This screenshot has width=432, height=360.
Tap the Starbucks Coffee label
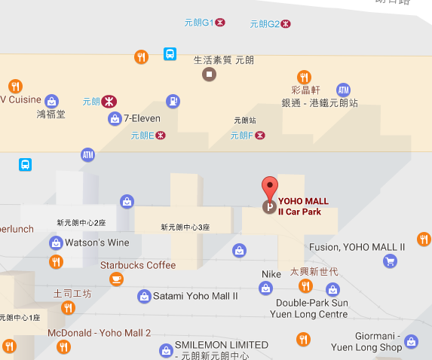[x=138, y=265]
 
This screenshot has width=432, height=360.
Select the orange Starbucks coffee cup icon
[x=116, y=279]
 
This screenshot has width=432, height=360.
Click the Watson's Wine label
[x=97, y=243]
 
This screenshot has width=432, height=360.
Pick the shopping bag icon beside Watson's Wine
[x=56, y=243]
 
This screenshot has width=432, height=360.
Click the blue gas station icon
[x=173, y=100]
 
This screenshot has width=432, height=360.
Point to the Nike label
[x=271, y=274]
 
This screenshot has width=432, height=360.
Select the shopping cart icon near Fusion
[x=390, y=261]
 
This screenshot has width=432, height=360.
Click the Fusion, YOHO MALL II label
[x=357, y=247]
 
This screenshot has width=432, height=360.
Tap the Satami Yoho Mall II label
[x=195, y=296]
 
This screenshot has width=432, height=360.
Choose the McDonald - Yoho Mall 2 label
[x=99, y=333]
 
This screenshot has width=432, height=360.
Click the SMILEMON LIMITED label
[x=221, y=345]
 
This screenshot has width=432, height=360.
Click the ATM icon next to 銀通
[x=343, y=90]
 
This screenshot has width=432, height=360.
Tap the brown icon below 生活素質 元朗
[x=209, y=74]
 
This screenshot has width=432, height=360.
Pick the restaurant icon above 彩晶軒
[x=304, y=77]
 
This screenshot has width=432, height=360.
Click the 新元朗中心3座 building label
[x=185, y=227]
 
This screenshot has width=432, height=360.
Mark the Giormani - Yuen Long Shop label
[x=367, y=341]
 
